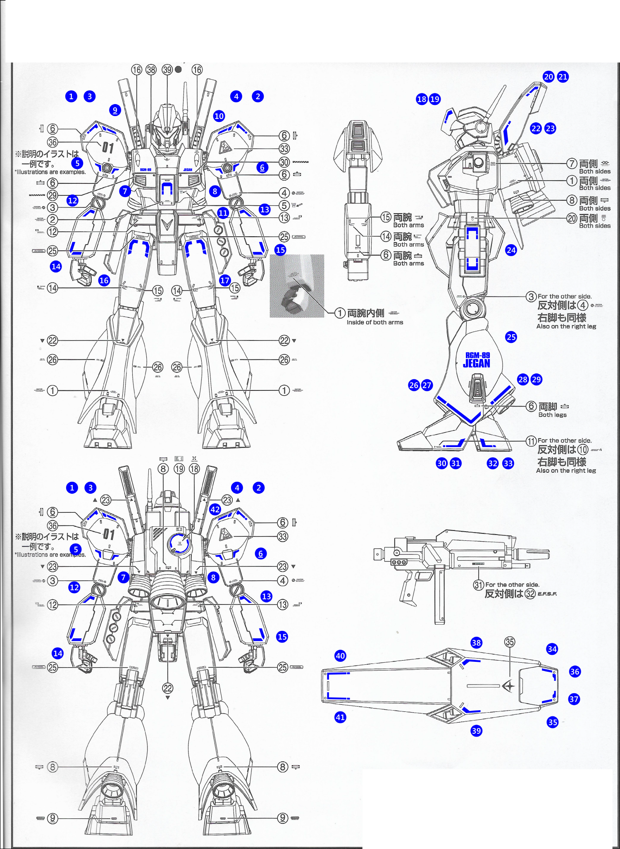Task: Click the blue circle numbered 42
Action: coord(215,509)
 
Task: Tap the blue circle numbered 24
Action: coord(511,250)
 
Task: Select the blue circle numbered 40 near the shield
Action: coord(340,656)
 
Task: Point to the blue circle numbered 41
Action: coord(340,717)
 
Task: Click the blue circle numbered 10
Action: coord(219,116)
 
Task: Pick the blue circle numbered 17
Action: coord(224,280)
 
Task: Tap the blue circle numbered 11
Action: coord(223,213)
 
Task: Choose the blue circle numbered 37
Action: coord(574,699)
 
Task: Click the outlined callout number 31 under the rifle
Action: coord(479,585)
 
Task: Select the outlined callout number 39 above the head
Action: coord(167,70)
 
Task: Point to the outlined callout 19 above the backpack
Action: coord(179,469)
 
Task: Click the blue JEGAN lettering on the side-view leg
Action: coord(477,364)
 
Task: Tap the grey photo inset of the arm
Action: coord(297,286)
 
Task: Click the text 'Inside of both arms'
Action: coord(374,322)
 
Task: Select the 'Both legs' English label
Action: coord(552,415)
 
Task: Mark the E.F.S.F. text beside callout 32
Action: coord(547,594)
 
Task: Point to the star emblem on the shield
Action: coord(509,686)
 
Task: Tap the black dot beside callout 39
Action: coord(178,69)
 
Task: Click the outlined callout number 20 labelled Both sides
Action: coord(572,219)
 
